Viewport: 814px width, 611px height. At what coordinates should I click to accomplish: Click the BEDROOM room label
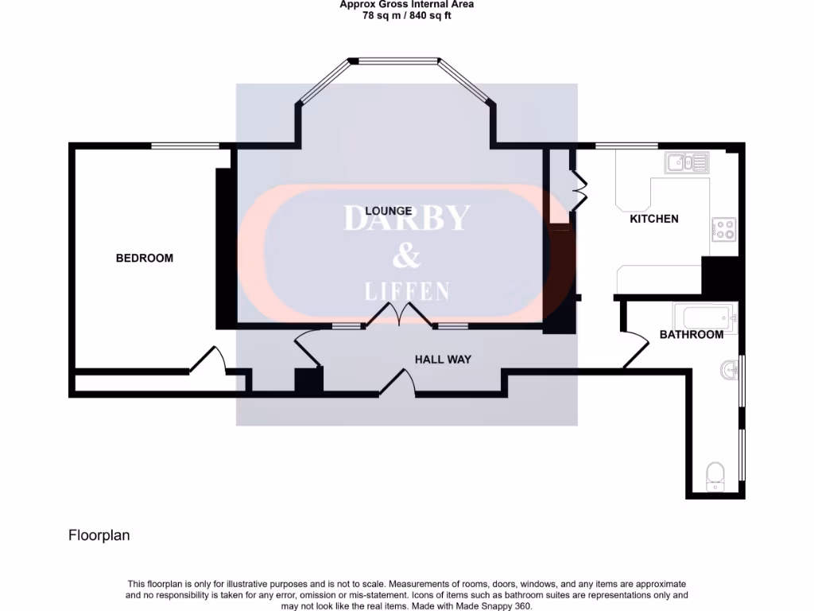[x=145, y=258]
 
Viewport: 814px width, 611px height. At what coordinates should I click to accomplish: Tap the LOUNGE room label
[x=389, y=211]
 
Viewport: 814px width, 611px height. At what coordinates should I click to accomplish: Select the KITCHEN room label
[x=654, y=218]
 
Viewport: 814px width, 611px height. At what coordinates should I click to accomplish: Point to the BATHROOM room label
[x=692, y=334]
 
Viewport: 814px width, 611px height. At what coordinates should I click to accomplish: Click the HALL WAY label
[x=443, y=359]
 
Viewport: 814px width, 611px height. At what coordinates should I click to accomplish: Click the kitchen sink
[x=687, y=163]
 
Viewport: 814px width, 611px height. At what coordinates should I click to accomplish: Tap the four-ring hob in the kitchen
[x=724, y=229]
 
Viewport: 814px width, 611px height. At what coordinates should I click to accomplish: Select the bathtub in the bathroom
[x=705, y=316]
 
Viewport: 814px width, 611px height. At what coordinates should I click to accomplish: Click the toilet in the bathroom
[x=715, y=476]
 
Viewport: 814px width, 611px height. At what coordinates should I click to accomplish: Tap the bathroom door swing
[x=635, y=349]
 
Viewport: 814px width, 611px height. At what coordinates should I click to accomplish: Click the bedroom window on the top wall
[x=185, y=146]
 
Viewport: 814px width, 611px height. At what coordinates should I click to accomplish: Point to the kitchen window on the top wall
[x=626, y=146]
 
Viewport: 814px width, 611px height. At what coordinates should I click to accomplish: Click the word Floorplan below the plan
[x=99, y=535]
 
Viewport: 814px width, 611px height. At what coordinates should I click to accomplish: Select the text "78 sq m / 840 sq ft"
[x=406, y=15]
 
